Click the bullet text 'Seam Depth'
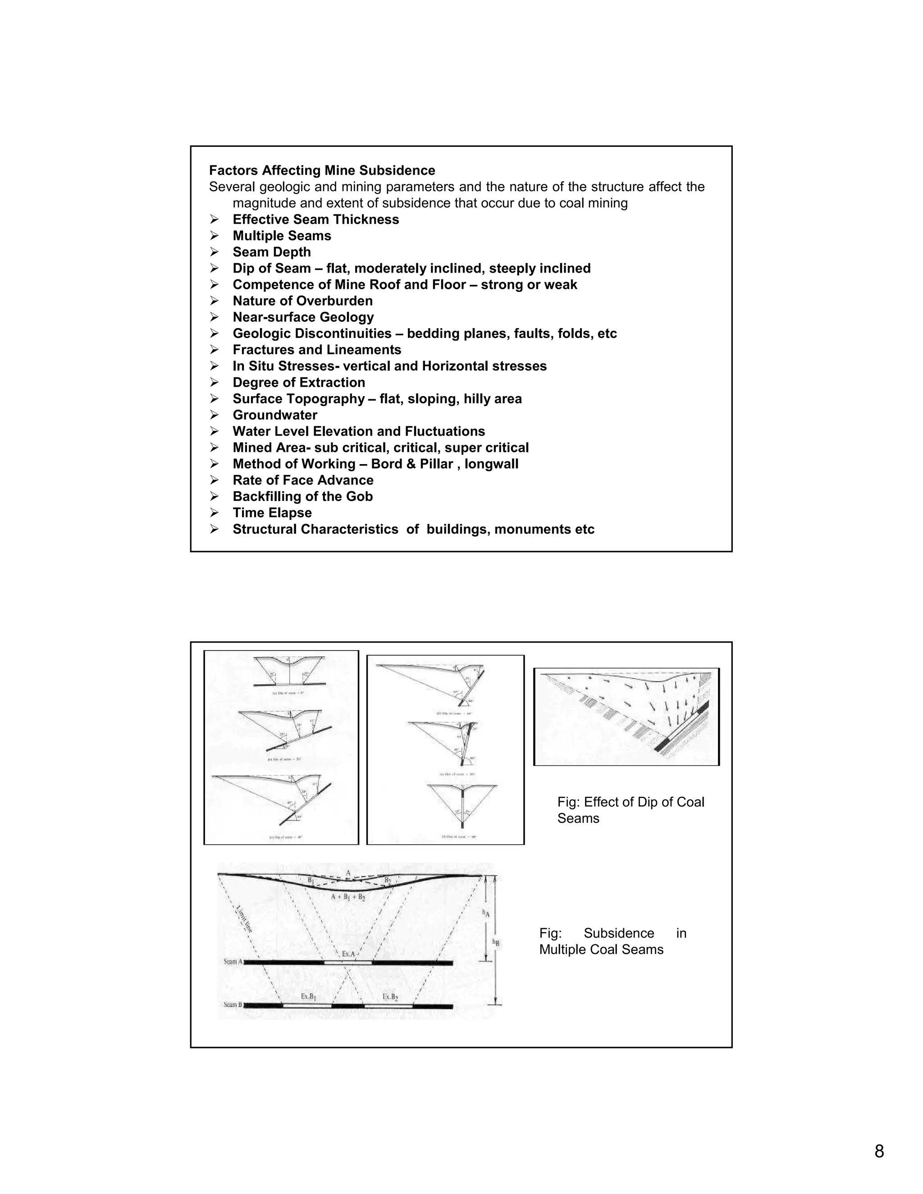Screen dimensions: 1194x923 coord(271,252)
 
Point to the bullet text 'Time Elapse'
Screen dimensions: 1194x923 coord(272,513)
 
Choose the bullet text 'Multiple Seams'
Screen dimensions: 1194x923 coord(282,236)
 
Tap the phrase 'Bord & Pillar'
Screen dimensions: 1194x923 coord(412,464)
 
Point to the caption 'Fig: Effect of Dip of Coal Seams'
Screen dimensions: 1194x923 coord(630,810)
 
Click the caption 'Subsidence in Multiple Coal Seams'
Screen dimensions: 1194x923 coord(612,941)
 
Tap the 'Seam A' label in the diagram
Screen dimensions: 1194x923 coord(233,962)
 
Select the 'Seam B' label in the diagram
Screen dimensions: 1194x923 coord(233,1005)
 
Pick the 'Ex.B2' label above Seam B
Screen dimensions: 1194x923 coord(390,997)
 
